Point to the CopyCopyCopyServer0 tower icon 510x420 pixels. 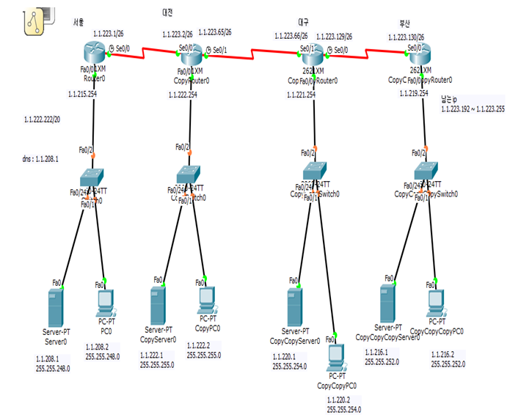pyautogui.click(x=388, y=301)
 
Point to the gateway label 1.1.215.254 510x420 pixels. pyautogui.click(x=84, y=95)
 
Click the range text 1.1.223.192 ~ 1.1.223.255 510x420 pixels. pyautogui.click(x=473, y=109)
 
